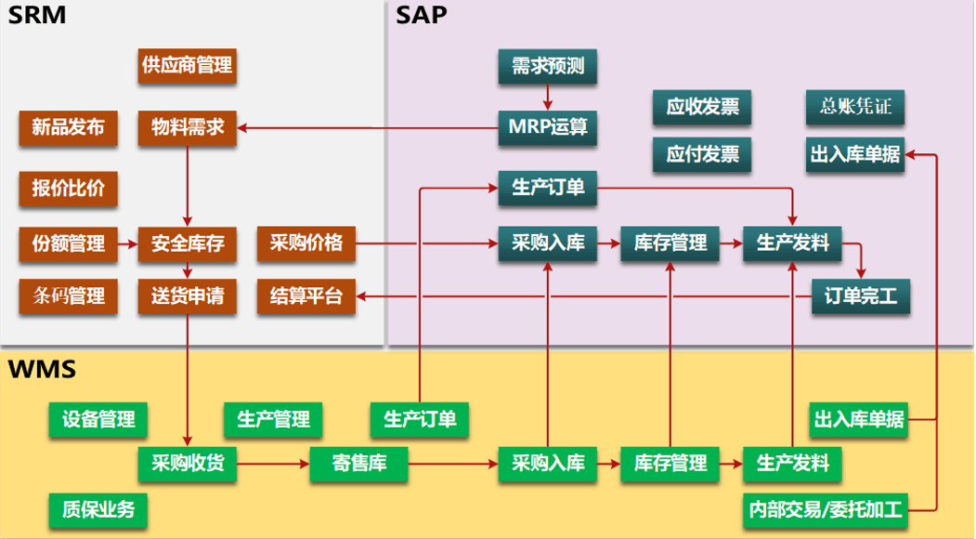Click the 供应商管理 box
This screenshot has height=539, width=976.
tap(187, 66)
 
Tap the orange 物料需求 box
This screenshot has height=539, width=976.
tap(188, 127)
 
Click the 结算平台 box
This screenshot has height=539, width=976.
tap(306, 296)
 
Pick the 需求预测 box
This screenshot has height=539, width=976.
tap(547, 66)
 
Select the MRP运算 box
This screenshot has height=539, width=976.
tap(547, 127)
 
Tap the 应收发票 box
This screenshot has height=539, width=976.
tap(702, 107)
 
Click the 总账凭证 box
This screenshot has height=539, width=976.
tap(855, 107)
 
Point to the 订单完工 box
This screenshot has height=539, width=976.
tap(861, 296)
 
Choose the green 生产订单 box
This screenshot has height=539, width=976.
tap(420, 419)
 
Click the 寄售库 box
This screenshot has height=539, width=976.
tap(359, 462)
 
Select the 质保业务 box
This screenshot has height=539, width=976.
tap(98, 508)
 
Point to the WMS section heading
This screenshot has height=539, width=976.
tap(42, 370)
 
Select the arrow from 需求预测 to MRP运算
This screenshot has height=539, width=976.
tap(547, 97)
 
